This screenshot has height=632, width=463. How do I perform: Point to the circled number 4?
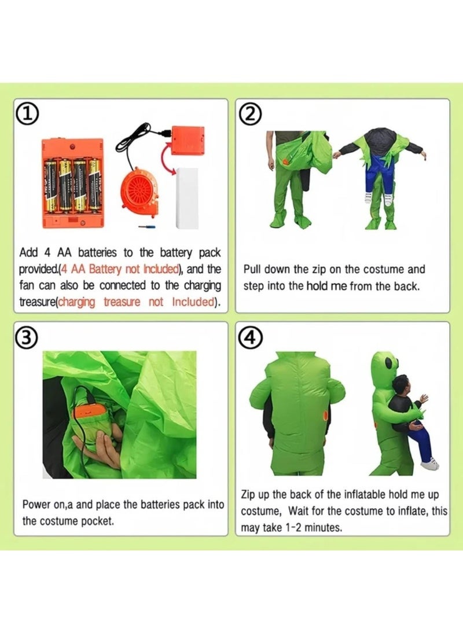pos(250,337)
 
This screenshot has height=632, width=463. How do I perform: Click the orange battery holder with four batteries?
pos(72,183)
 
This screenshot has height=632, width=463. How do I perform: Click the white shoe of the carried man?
pos(429,464)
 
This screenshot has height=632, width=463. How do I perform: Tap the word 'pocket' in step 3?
pos(96,521)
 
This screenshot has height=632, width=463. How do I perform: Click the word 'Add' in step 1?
pos(29,253)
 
